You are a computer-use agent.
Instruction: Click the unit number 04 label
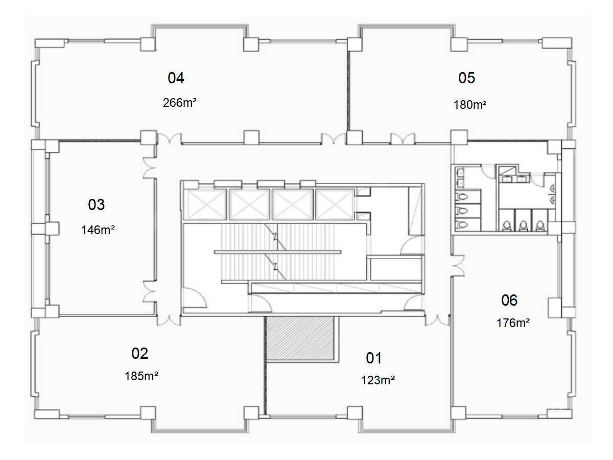176,78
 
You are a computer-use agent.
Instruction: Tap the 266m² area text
180,103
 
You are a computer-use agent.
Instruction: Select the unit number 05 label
466,78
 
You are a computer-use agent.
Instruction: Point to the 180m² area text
470,105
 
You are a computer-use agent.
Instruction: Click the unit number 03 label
97,204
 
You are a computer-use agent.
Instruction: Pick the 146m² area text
98,230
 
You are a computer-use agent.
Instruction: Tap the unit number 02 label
139,354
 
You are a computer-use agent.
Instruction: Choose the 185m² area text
142,376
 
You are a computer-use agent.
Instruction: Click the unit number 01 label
373,358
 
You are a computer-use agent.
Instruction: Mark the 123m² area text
378,380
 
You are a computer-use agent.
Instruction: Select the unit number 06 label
509,300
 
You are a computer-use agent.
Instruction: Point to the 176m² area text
513,323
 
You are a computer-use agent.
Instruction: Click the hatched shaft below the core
300,338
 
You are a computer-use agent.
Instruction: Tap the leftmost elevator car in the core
207,205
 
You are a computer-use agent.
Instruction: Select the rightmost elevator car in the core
335,205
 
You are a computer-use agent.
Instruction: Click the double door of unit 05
403,139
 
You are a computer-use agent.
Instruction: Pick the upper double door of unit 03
149,168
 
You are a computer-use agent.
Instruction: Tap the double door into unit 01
437,320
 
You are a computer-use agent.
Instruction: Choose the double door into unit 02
169,320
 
